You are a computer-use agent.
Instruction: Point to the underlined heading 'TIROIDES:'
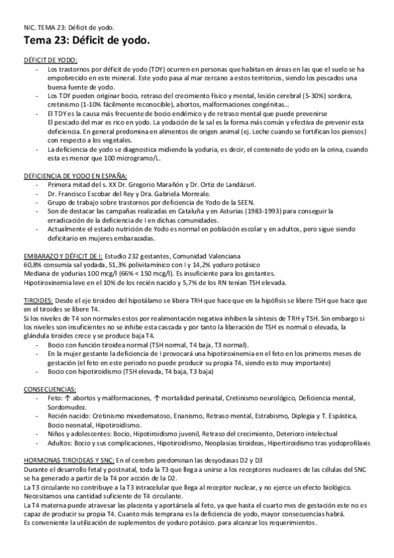pos(38,299)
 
